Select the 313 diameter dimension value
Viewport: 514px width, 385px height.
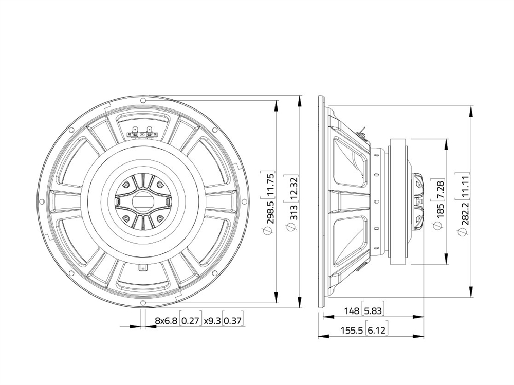[293, 212]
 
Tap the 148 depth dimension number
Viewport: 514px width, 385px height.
[352, 310]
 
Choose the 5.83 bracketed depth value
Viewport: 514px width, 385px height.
[373, 310]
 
